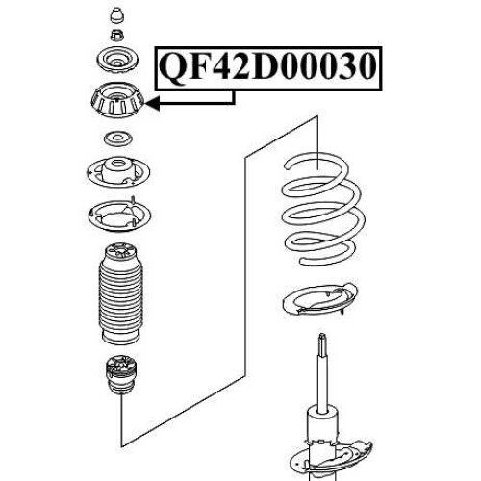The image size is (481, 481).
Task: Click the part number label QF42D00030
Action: [267, 67]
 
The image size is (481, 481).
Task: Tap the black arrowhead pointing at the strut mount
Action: [152, 103]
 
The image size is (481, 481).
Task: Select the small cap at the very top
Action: [116, 15]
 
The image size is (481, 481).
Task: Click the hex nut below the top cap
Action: [117, 35]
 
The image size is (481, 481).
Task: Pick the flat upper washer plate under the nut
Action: [117, 60]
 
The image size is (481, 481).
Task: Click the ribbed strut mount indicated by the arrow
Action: [117, 100]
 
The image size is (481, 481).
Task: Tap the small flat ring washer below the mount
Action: [118, 139]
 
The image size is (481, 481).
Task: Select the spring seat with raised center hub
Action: [118, 173]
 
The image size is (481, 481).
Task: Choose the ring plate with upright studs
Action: [119, 215]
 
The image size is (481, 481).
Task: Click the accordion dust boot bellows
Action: [119, 294]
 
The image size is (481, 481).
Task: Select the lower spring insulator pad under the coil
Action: [320, 301]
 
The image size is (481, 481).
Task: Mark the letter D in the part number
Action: [266, 67]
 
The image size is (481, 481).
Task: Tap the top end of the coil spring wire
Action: [287, 165]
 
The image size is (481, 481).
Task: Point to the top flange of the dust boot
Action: [120, 252]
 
